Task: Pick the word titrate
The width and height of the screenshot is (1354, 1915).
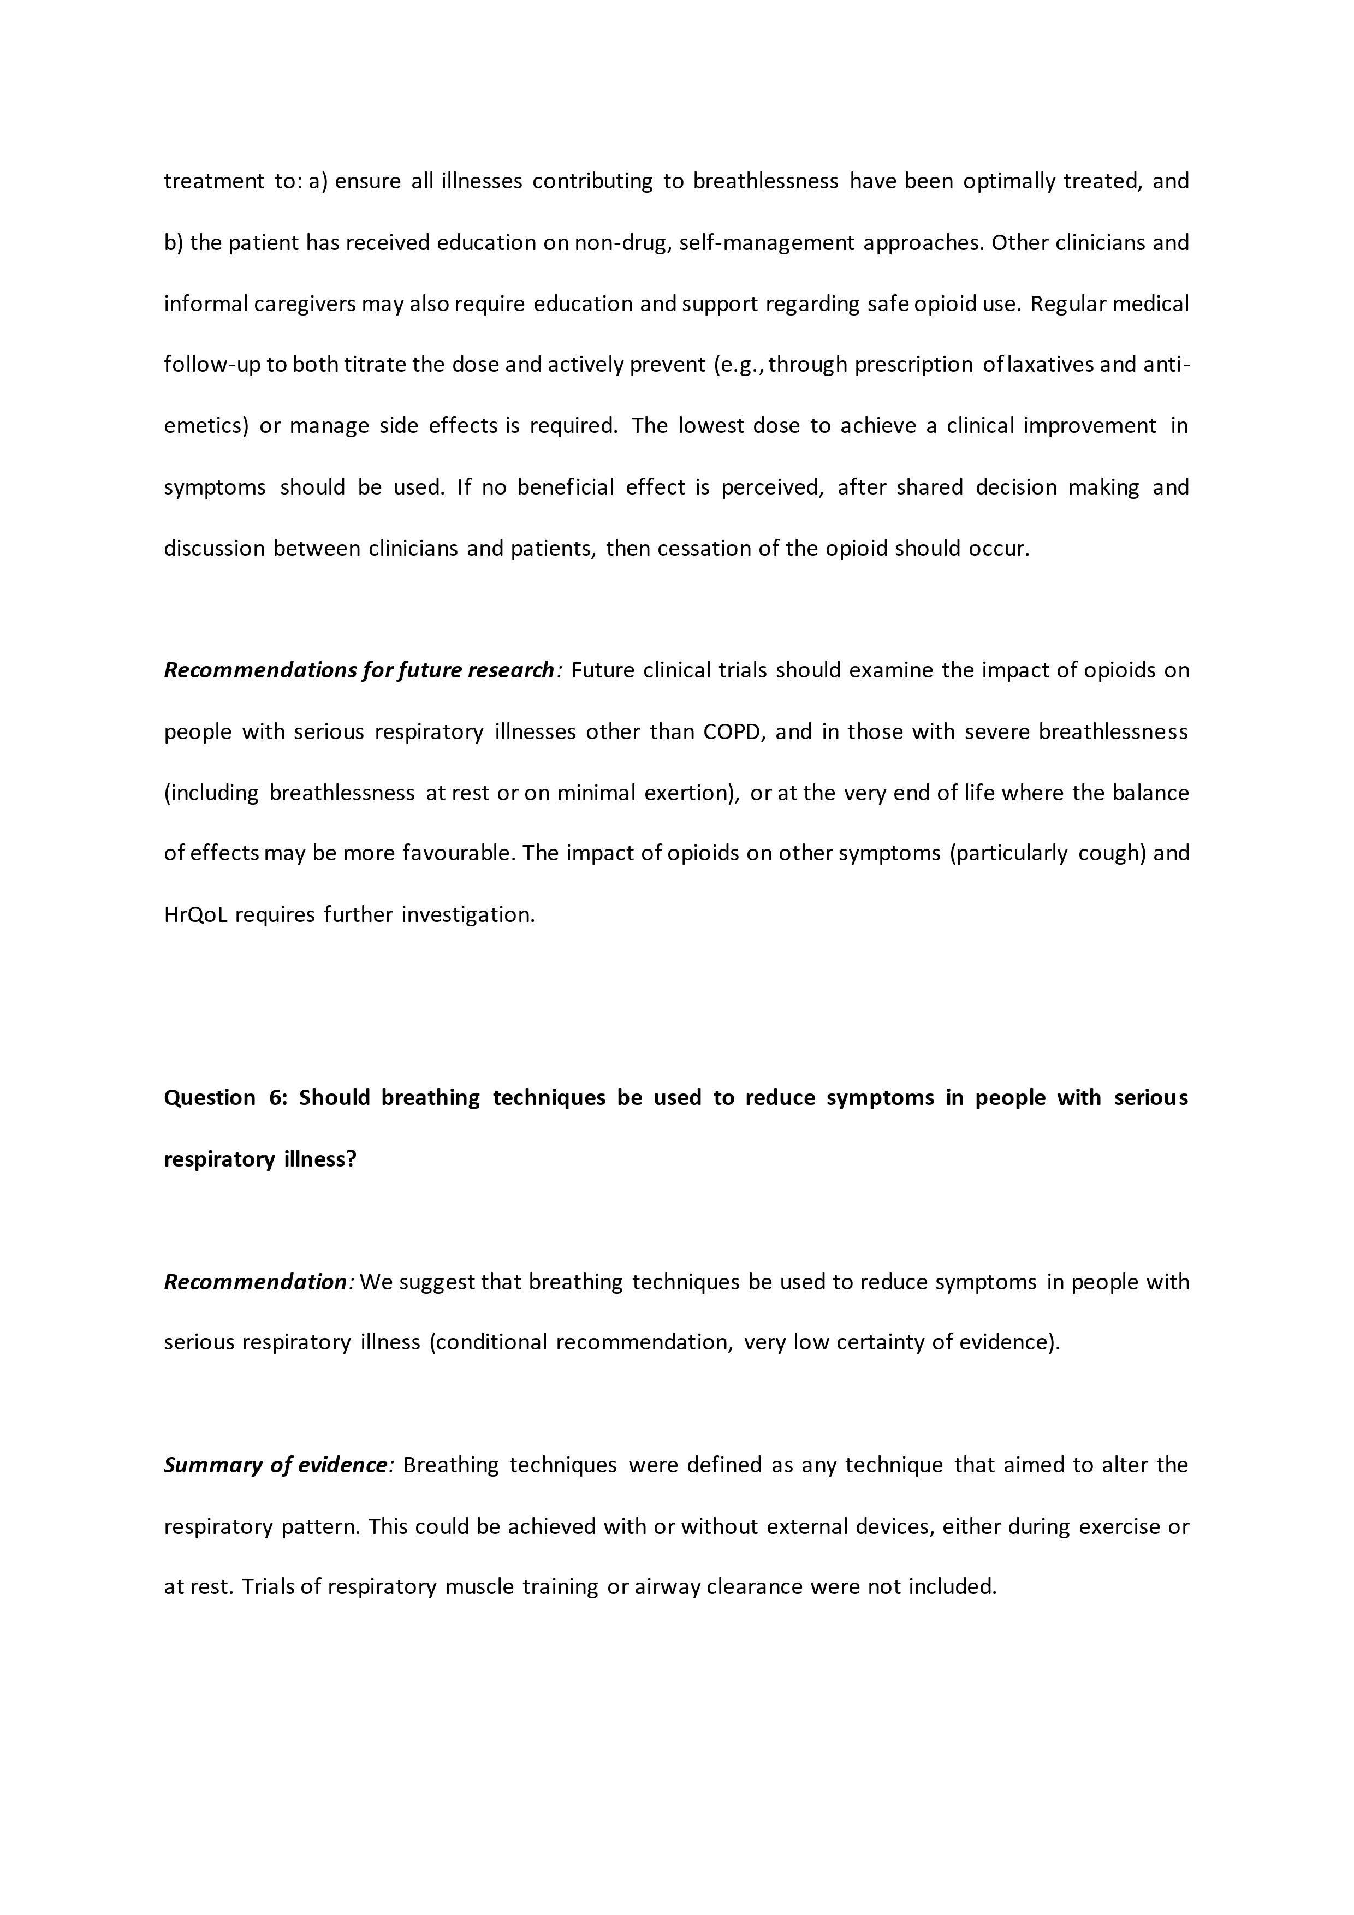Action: click(x=375, y=365)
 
